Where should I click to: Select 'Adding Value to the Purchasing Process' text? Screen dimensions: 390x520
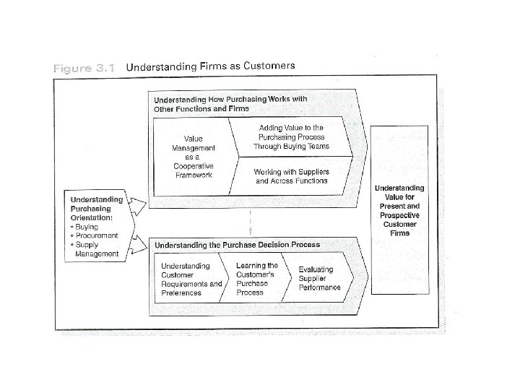point(291,136)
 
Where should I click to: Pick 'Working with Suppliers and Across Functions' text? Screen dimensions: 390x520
point(291,176)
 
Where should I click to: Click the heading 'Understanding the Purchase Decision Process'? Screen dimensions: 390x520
point(237,245)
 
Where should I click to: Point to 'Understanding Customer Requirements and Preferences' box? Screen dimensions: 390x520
point(191,279)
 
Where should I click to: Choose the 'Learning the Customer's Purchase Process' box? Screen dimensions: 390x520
point(256,279)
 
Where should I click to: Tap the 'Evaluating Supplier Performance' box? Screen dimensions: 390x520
point(320,278)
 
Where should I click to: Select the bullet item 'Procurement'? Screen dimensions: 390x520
point(96,236)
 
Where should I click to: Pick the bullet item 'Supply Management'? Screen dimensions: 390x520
point(95,249)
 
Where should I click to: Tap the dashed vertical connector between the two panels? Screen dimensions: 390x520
point(250,222)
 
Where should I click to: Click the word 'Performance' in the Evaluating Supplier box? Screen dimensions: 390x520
point(320,287)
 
